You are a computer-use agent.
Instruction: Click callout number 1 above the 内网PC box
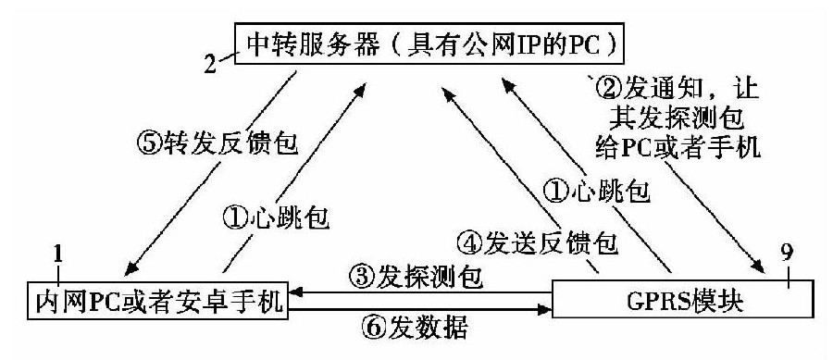[x=57, y=253]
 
